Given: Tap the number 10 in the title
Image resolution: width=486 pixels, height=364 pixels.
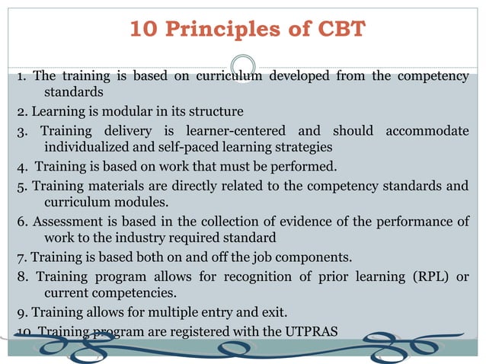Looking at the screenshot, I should click(x=145, y=30).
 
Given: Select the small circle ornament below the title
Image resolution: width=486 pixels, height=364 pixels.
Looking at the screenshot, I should click(x=243, y=66).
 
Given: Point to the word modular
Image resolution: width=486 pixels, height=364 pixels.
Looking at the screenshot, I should click(x=132, y=111).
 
